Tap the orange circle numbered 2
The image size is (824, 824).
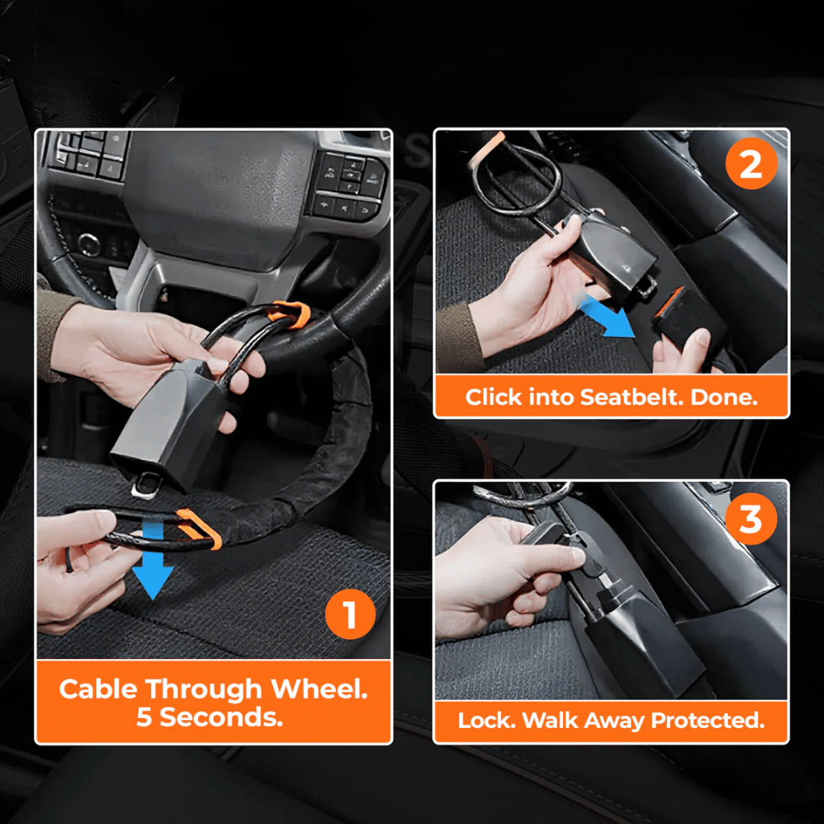(751, 166)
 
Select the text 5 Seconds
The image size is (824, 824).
(210, 717)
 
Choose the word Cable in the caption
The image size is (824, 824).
(99, 689)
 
